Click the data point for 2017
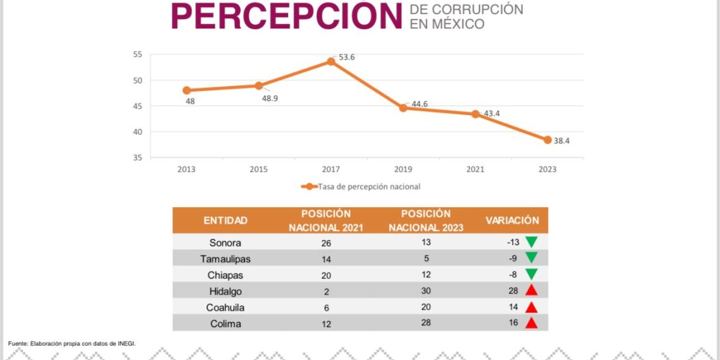coord(331,61)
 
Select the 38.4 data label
coord(561,141)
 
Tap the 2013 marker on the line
coord(186,90)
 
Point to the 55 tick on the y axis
coord(138,54)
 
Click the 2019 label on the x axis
coord(403,169)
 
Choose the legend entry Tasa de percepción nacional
coord(360,186)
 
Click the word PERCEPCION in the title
coord(287,16)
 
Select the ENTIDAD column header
coord(225,220)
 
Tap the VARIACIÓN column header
coord(512,220)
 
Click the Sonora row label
coord(225,243)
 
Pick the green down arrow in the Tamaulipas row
coord(531,258)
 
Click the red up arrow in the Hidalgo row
coord(531,291)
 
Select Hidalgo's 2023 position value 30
coord(426,291)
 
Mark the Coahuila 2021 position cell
coord(326,308)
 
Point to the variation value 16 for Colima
coord(513,323)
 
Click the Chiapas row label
coord(225,275)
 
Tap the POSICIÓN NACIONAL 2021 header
coord(326,220)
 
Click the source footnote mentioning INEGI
coord(72,344)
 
